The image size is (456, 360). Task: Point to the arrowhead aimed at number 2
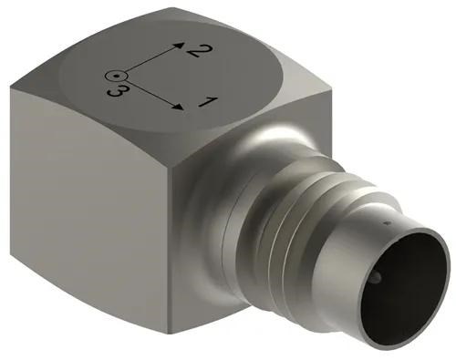click(x=179, y=43)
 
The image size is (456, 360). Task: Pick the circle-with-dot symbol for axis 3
click(x=113, y=77)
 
